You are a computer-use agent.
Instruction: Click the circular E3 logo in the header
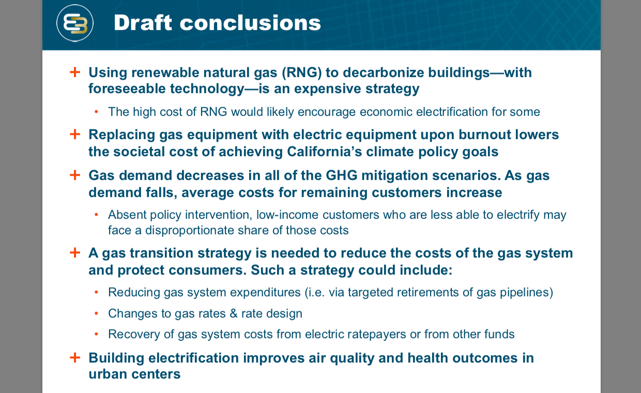[75, 23]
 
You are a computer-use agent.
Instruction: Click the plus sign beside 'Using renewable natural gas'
[75, 72]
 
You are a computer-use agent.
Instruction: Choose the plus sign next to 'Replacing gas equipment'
[75, 134]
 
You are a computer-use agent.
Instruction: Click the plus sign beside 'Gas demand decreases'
[75, 175]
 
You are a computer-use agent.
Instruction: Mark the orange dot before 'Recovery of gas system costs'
[96, 335]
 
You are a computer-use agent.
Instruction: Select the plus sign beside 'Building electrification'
[75, 357]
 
